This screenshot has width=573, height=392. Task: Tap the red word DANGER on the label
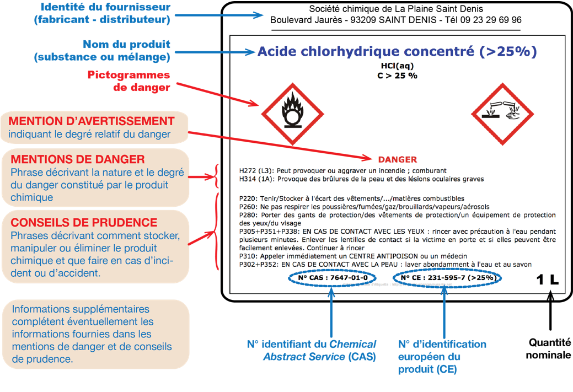coord(397,160)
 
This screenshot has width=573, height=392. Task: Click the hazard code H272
coord(249,171)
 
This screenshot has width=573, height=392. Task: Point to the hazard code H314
coord(249,179)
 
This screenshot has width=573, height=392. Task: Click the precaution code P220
coord(248,198)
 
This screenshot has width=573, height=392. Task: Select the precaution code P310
coord(248,256)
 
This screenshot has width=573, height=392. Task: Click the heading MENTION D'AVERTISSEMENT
coord(92,121)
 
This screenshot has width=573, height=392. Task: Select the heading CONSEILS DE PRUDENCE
coord(84,223)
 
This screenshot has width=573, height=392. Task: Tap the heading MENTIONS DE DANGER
coord(78,159)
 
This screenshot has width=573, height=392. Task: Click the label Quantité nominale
coord(549,349)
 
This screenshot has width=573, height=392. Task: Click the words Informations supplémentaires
coord(81,309)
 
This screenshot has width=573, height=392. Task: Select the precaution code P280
coord(248,215)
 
